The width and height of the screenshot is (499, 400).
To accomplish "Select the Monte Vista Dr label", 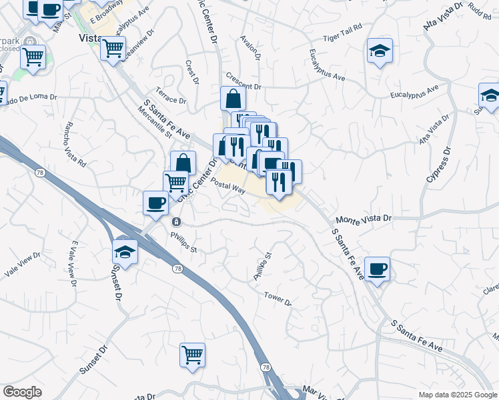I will (x=364, y=219).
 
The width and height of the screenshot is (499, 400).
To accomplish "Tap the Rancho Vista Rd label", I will (x=75, y=144).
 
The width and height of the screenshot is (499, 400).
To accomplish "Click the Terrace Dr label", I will (x=171, y=95).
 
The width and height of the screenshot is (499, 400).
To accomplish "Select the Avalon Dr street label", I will (x=249, y=47).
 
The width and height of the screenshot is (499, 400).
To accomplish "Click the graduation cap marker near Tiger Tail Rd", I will (x=380, y=51).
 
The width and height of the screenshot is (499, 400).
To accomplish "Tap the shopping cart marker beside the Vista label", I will (x=113, y=47).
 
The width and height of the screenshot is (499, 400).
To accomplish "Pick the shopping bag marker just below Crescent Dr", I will (x=233, y=99).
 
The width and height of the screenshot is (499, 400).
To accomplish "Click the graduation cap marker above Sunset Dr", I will (x=125, y=251).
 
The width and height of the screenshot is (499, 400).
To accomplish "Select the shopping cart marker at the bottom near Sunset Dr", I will (x=192, y=355).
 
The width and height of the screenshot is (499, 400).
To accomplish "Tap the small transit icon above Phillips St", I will (x=176, y=222).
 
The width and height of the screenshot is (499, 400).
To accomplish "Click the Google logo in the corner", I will (x=22, y=392).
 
